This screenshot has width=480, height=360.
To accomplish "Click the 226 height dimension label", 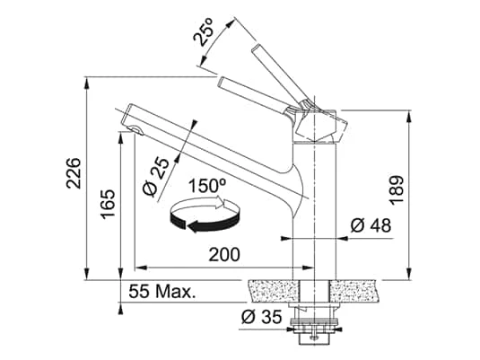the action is pyautogui.click(x=74, y=173).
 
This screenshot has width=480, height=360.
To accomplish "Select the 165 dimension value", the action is pyautogui.click(x=108, y=204).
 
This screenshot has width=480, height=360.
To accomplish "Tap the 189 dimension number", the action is pyautogui.click(x=397, y=190).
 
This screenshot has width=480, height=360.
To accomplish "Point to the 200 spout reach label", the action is pyautogui.click(x=224, y=254).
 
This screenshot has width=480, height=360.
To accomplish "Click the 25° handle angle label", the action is pyautogui.click(x=203, y=31).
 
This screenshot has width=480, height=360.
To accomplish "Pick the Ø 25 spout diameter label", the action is pyautogui.click(x=155, y=177).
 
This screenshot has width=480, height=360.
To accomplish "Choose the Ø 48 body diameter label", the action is pyautogui.click(x=371, y=225).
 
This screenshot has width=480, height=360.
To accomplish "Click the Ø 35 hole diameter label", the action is pyautogui.click(x=261, y=317).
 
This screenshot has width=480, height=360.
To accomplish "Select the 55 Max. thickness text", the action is pyautogui.click(x=162, y=292).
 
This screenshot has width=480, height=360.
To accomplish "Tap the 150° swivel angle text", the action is pyautogui.click(x=207, y=186).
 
